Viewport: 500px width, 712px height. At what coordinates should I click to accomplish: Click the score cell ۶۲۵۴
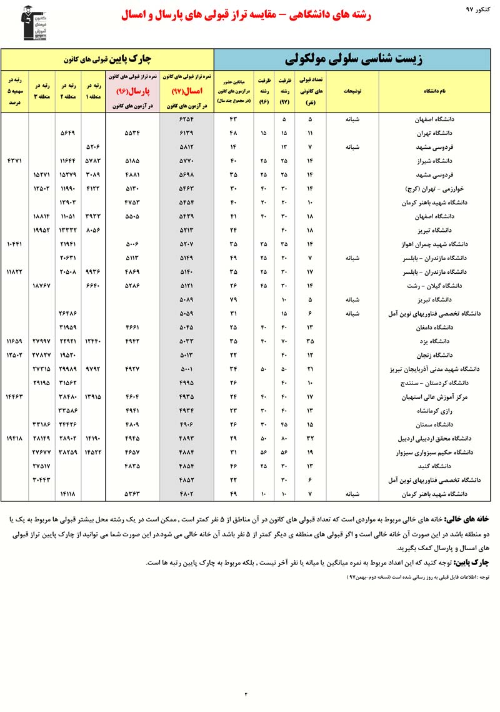tap(187, 119)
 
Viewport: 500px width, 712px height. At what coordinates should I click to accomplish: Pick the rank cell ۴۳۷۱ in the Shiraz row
tap(14, 161)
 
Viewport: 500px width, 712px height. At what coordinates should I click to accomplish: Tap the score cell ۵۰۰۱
tap(187, 368)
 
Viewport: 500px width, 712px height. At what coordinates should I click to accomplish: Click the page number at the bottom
tap(246, 693)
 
